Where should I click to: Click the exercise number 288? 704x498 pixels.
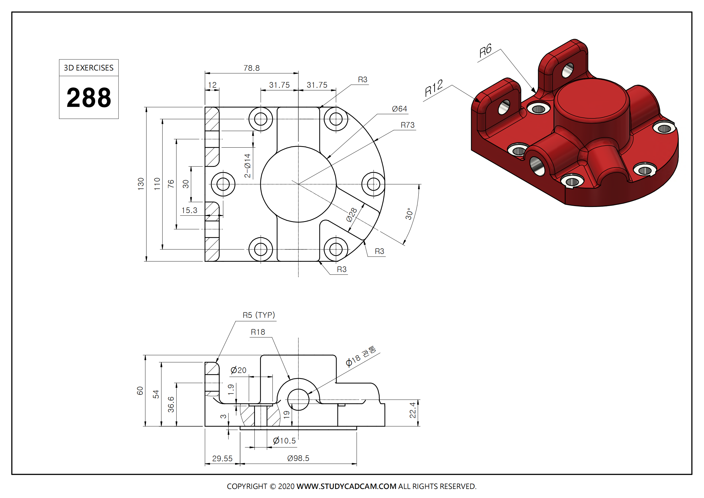88,98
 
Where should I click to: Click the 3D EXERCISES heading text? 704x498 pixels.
88,68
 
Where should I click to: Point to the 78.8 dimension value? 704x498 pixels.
251,68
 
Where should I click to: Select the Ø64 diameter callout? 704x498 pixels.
399,109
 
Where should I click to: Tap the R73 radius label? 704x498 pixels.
407,125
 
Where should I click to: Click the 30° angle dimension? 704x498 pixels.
409,214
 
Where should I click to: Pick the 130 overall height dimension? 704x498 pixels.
141,184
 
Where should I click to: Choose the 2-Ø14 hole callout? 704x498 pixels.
247,166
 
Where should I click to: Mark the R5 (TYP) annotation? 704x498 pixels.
259,315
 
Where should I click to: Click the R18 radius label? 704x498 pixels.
258,332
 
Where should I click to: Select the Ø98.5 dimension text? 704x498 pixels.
298,458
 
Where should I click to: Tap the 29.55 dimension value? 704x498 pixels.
222,459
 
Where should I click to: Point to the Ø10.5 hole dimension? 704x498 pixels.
284,441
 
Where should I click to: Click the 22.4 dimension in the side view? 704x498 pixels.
413,410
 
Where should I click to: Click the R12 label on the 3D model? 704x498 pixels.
433,88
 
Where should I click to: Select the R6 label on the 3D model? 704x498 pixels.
485,50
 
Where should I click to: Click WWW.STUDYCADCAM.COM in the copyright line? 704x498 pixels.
346,486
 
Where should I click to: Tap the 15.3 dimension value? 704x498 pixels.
189,211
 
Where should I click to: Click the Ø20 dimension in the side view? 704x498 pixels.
238,370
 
